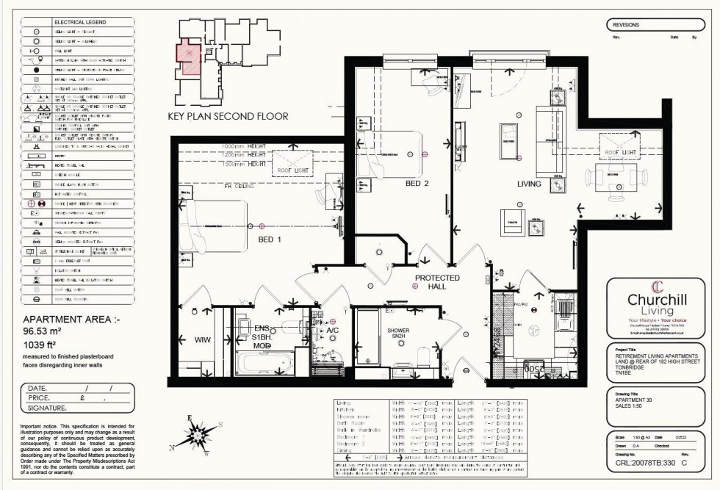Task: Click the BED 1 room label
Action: [268, 240]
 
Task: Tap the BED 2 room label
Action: [417, 184]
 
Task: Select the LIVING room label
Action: [528, 184]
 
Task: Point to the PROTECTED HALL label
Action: [438, 282]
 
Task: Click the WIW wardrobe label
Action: [202, 340]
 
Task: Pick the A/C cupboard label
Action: [332, 331]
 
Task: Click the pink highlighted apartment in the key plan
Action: [187, 57]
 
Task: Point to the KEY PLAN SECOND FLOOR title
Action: [228, 116]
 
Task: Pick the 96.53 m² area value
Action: [45, 333]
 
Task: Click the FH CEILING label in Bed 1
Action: [239, 187]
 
